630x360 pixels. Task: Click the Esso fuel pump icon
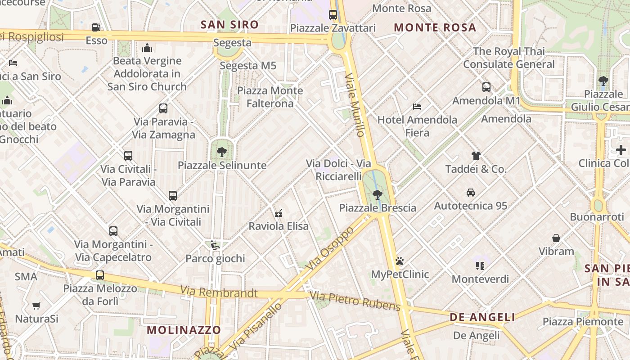96,27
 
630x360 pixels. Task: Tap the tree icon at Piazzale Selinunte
221,152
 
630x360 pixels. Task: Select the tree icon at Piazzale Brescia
378,194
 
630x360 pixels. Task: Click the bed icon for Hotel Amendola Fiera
417,107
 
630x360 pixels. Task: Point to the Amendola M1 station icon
486,87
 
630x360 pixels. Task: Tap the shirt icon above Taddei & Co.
476,156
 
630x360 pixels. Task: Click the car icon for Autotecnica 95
471,193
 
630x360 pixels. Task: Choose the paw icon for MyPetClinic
400,261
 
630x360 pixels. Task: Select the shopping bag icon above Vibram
556,238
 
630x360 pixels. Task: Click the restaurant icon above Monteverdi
480,266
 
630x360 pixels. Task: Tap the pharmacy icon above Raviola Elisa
279,213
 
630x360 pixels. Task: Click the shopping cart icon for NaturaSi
36,306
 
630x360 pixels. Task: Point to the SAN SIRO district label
229,25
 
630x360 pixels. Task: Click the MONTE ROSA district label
435,27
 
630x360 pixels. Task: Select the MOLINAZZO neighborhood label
184,330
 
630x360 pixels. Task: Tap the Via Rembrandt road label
219,292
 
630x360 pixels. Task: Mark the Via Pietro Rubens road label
355,301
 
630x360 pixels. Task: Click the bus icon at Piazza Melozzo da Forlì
100,275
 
